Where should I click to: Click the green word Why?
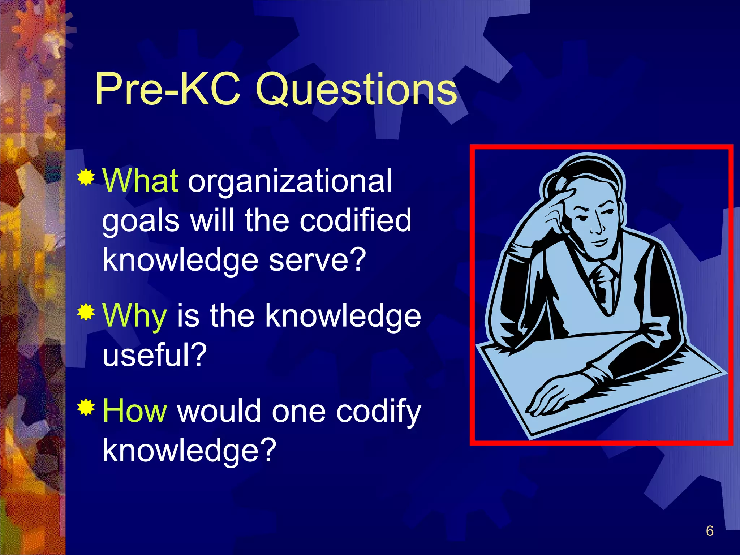coord(135,315)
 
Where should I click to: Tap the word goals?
coord(141,221)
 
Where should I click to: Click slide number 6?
coord(709,531)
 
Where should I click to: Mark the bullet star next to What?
coord(86,177)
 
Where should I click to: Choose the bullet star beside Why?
coord(86,312)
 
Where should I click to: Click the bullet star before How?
coord(86,408)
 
